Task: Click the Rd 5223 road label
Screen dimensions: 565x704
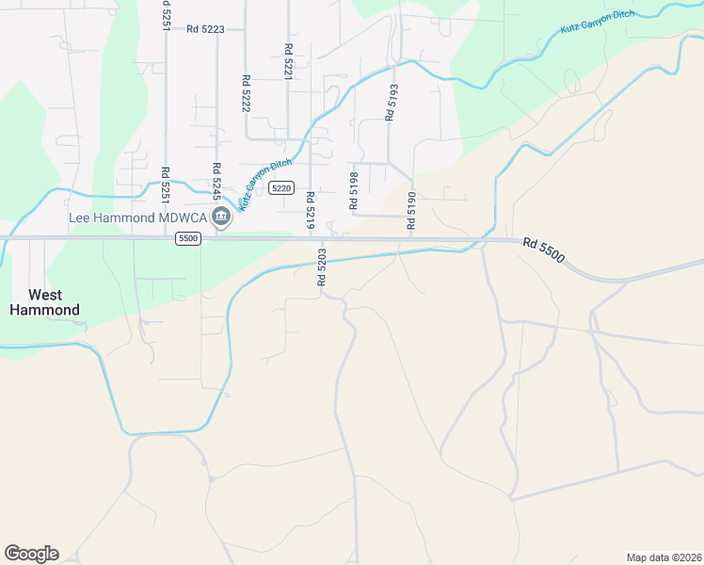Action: pyautogui.click(x=205, y=29)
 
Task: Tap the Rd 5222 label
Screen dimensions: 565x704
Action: pyautogui.click(x=246, y=94)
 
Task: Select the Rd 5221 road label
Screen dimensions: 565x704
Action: pyautogui.click(x=288, y=60)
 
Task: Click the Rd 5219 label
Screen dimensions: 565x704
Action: pyautogui.click(x=309, y=210)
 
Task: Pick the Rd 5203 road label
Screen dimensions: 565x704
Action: pyautogui.click(x=321, y=266)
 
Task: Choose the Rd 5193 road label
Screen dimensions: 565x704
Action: pyautogui.click(x=390, y=101)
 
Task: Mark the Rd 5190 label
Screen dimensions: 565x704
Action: pyautogui.click(x=411, y=210)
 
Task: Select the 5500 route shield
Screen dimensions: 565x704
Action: pyautogui.click(x=188, y=239)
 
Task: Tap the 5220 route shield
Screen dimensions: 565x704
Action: pyautogui.click(x=280, y=188)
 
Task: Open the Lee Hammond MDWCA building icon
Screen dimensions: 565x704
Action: pyautogui.click(x=222, y=218)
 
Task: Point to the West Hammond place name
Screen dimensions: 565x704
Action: pyautogui.click(x=44, y=301)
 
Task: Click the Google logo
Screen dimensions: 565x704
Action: pyautogui.click(x=31, y=554)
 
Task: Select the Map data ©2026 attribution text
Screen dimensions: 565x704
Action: pyautogui.click(x=664, y=557)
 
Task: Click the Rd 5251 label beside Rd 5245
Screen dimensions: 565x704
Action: pyautogui.click(x=165, y=185)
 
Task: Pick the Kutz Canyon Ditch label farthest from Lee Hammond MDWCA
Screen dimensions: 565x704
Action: pyautogui.click(x=598, y=24)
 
